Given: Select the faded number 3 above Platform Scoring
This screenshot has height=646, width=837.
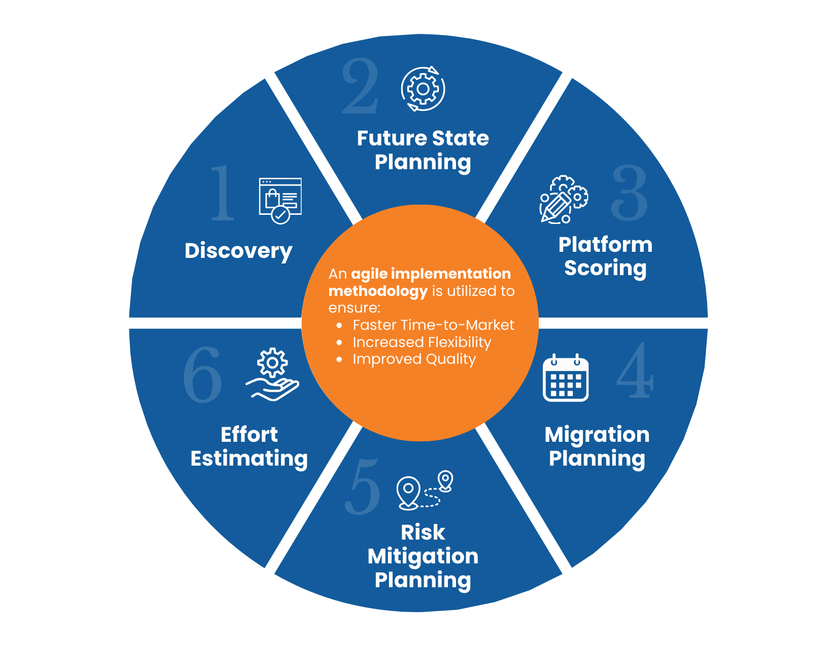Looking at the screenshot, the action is (630, 193).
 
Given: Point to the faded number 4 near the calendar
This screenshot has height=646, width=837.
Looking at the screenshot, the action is (635, 369).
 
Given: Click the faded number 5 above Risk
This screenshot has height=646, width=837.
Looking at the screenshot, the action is (363, 486).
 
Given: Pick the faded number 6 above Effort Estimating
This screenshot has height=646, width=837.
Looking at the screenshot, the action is (202, 374).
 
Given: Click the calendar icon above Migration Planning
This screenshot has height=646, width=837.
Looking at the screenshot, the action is (566, 378).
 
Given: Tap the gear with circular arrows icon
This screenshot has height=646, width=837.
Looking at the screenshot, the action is (423, 89).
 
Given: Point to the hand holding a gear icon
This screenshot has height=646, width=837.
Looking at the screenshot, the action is (272, 374).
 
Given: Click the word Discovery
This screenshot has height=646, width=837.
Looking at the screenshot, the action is (238, 251).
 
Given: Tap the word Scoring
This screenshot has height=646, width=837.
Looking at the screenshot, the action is (605, 268).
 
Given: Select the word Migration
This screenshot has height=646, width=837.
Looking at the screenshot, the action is (597, 435).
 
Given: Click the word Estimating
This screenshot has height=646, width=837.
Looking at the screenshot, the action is (249, 459).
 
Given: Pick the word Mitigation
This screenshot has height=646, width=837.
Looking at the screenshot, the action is (423, 556).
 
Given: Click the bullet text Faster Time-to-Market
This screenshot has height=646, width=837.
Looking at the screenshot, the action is (433, 325).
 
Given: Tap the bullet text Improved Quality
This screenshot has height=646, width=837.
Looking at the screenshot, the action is (414, 359).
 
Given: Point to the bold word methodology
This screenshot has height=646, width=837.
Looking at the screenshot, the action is (378, 291).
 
